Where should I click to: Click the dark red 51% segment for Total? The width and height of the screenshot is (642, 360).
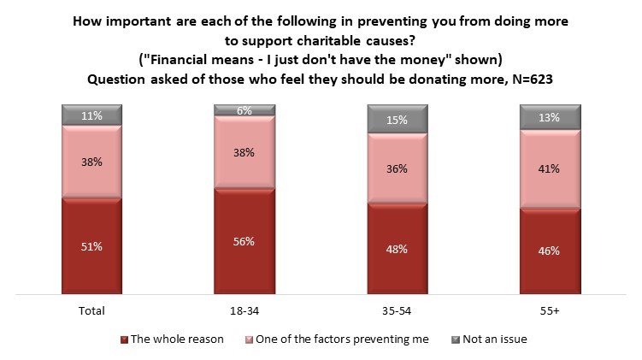tap(91, 247)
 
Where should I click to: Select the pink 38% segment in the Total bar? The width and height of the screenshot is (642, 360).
tap(91, 162)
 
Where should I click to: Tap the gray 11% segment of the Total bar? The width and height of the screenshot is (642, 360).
tap(91, 115)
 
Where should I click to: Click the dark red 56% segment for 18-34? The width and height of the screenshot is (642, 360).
tap(244, 242)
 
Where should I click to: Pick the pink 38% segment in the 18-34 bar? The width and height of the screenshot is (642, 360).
tap(244, 151)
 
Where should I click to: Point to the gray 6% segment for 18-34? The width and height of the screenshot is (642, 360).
tap(244, 110)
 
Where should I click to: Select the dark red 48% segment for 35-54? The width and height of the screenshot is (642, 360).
tap(397, 250)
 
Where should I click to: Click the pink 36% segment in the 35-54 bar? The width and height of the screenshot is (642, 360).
tap(397, 168)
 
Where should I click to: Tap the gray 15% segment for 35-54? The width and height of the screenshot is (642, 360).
tap(397, 119)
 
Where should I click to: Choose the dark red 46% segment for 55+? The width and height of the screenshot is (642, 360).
tap(550, 251)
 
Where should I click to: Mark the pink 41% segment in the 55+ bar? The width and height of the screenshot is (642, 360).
tap(550, 168)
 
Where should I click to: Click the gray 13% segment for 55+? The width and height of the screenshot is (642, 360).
tap(550, 117)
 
